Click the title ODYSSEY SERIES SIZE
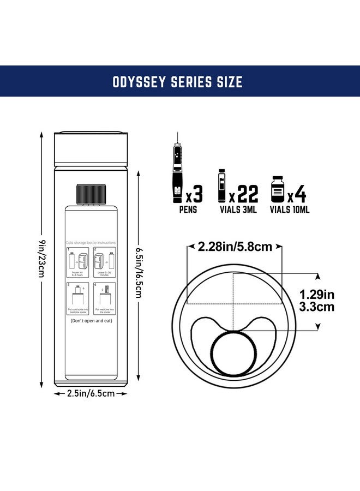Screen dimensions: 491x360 tap(177, 81)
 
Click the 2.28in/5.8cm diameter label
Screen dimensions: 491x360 tap(235, 247)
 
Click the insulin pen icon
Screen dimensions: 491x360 tap(177, 170)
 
